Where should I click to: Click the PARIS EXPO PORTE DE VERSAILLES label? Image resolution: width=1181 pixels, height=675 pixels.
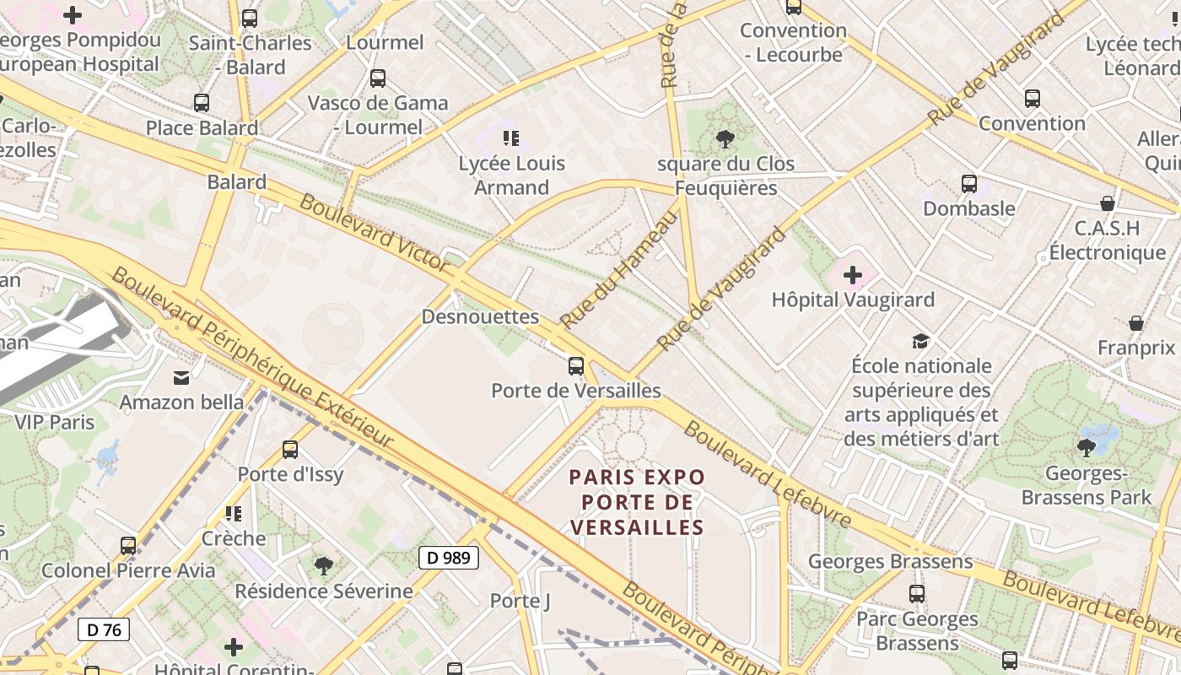click(637, 502)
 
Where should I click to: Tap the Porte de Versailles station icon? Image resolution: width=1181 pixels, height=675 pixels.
click(576, 366)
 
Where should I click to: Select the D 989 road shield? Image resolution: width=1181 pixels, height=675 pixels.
click(449, 558)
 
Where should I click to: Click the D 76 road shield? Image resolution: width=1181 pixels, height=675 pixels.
click(104, 629)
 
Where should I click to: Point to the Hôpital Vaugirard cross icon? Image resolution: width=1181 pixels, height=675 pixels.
click(853, 275)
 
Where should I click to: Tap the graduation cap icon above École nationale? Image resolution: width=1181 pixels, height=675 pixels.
click(920, 341)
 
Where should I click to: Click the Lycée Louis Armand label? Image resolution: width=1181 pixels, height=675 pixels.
click(511, 175)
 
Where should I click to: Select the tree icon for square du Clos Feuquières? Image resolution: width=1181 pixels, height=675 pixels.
click(725, 139)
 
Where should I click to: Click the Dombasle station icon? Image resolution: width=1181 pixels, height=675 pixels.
click(969, 183)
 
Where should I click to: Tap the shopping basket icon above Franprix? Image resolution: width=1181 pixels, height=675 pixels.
click(1136, 323)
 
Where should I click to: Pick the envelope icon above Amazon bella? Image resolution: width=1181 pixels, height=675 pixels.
click(181, 377)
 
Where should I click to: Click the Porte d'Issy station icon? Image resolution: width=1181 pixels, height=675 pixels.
click(290, 450)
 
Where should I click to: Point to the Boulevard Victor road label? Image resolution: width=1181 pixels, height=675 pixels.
click(375, 233)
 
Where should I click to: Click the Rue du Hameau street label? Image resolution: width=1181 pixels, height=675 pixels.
click(619, 270)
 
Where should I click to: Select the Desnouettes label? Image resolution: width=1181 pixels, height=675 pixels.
click(479, 317)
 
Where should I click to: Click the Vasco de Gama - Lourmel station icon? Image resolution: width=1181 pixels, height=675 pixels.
click(378, 78)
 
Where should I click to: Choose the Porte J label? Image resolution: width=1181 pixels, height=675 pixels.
click(520, 601)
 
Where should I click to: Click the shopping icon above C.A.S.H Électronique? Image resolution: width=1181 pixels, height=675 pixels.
click(1108, 203)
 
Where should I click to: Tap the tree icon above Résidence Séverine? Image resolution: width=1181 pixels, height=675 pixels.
click(324, 566)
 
